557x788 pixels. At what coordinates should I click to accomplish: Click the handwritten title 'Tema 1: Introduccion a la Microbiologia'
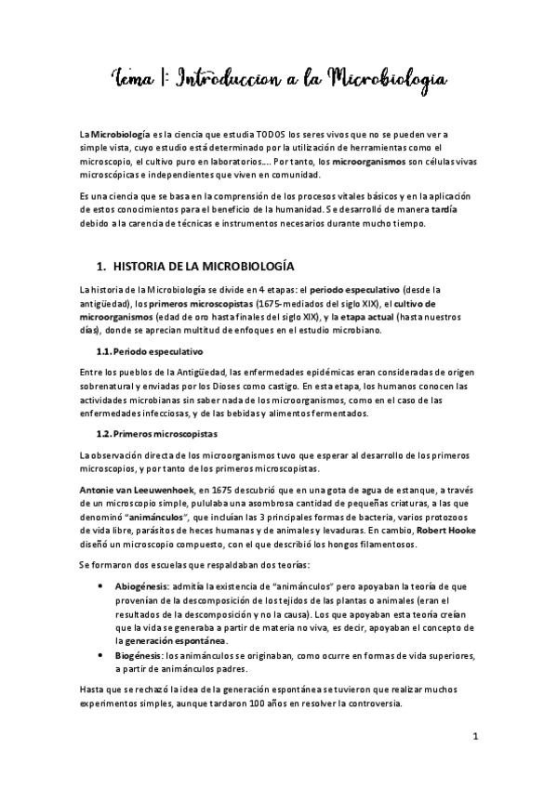[x=279, y=75]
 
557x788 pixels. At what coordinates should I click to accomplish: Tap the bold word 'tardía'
[x=443, y=209]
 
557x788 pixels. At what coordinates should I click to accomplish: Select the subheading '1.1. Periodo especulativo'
[x=150, y=353]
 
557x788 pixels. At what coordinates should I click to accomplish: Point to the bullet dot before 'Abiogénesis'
[x=101, y=586]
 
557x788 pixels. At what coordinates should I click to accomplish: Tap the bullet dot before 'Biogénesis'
[x=101, y=656]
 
